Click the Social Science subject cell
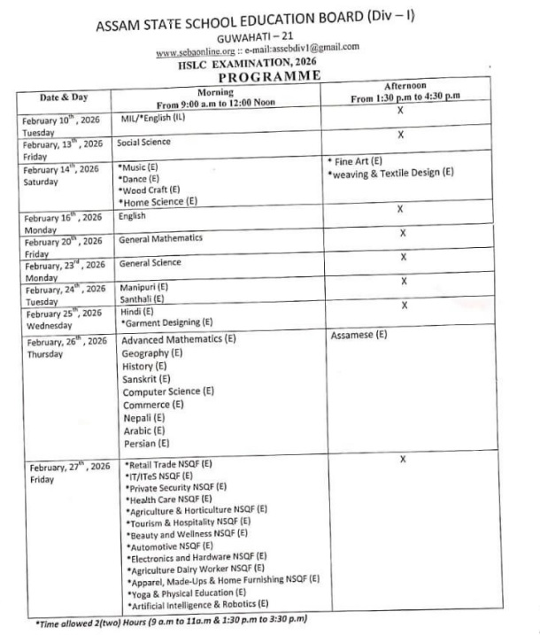tap(144, 141)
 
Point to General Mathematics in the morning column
tap(160, 238)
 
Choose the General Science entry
tap(150, 263)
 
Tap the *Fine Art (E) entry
tap(355, 160)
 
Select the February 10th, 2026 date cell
tap(61, 119)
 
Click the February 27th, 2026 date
tap(69, 467)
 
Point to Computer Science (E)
tap(168, 391)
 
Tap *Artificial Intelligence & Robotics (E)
tap(198, 604)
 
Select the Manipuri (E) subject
tap(143, 287)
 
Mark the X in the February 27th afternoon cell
tap(403, 460)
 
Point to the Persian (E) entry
tap(146, 442)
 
